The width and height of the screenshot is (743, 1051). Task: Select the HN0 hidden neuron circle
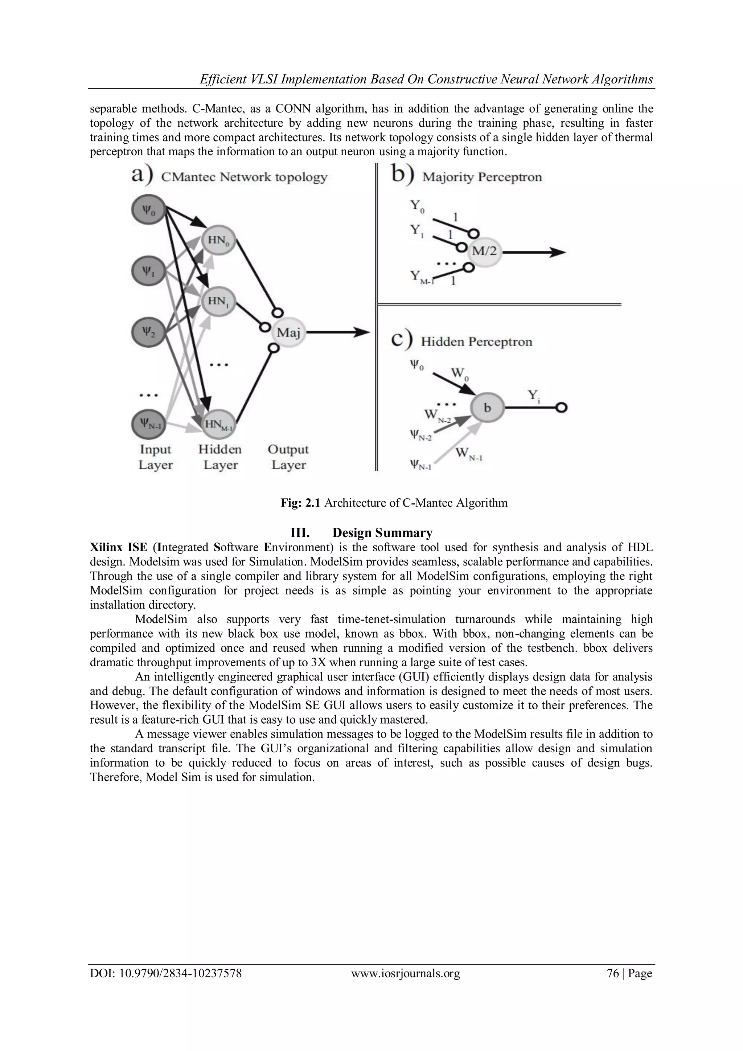point(218,240)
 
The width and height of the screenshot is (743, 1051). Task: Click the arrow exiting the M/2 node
point(535,252)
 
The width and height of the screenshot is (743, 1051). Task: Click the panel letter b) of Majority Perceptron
point(403,176)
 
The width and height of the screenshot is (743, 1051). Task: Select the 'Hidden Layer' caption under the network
point(220,457)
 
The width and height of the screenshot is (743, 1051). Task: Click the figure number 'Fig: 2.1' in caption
point(301,503)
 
